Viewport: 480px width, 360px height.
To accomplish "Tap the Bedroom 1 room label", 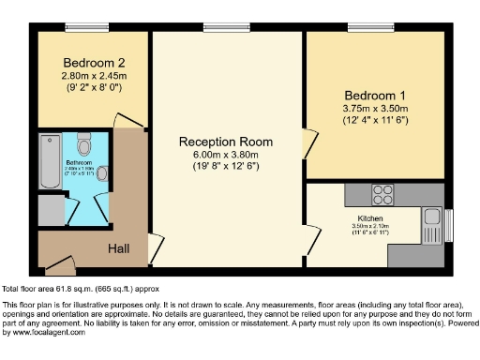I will tap(374, 96).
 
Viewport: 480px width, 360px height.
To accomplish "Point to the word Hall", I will tap(119, 249).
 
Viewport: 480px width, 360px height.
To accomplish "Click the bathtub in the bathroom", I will tap(49, 160).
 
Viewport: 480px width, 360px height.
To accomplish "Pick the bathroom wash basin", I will tap(102, 172).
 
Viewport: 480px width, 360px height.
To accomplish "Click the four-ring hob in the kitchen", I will tap(382, 195).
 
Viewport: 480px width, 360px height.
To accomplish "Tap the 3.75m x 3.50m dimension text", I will tap(374, 110).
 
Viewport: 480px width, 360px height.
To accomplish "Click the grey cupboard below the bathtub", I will tap(49, 209).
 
